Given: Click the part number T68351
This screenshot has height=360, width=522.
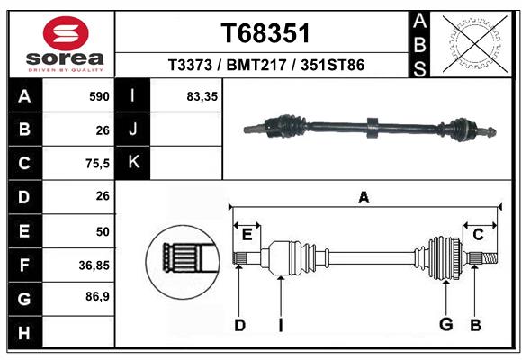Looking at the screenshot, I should [265, 33].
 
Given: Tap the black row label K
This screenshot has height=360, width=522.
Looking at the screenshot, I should [133, 163].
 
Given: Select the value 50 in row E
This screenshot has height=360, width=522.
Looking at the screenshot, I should [102, 231].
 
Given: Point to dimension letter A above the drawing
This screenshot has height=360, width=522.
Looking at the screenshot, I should [364, 197].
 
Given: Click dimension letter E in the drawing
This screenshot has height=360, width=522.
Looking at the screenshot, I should [247, 236].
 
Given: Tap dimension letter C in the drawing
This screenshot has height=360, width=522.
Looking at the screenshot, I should [479, 235].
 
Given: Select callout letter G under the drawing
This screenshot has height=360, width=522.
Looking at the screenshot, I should [445, 325].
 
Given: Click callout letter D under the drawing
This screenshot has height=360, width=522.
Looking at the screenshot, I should [238, 325].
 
